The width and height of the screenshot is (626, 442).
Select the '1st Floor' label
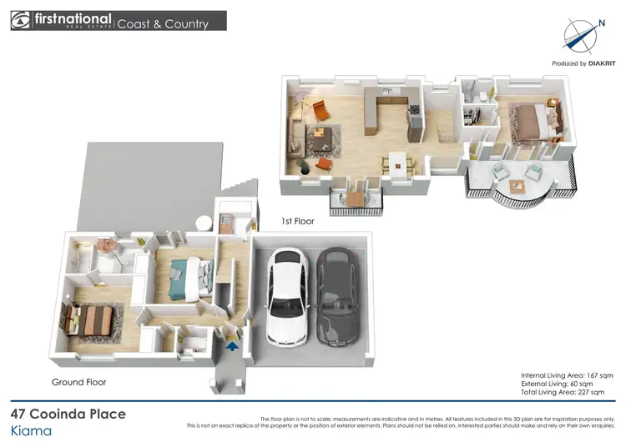[297, 223]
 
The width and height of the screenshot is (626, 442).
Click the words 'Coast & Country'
[163, 23]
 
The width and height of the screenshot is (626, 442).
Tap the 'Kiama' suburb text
[31, 431]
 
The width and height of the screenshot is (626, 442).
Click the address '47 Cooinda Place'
[68, 414]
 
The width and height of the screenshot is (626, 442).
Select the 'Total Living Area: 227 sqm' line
[568, 391]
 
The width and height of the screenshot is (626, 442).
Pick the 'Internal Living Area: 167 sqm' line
[568, 374]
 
